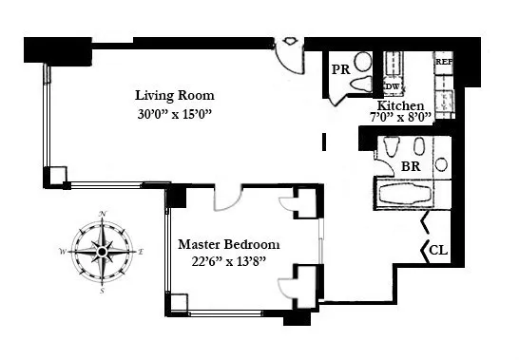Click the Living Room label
coord(174,95)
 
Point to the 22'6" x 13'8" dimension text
coord(230,261)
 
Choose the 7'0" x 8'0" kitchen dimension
coord(400,117)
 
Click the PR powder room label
coord(341,68)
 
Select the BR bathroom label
coord(411,165)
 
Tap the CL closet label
coord(438,251)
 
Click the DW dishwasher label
coord(391,85)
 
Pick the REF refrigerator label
coord(443,61)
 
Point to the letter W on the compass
coord(63,252)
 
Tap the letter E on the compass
coord(141,252)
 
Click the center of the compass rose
coord(102,252)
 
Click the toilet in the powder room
coord(361,85)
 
